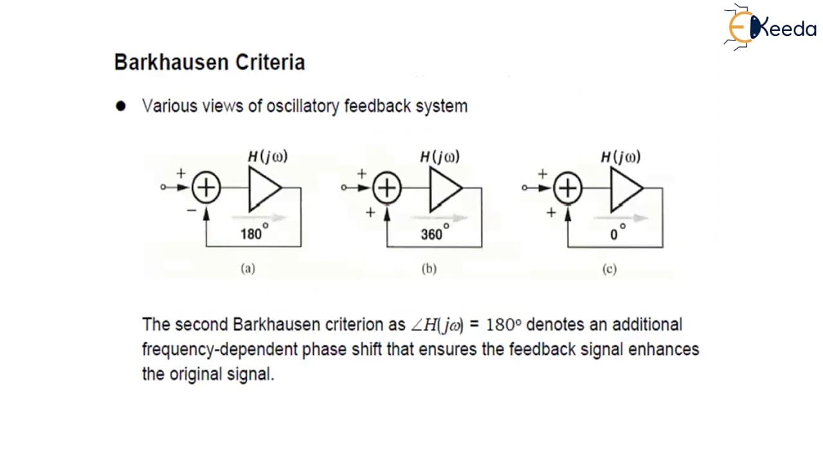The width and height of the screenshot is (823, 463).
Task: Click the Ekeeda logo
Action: click(x=770, y=27)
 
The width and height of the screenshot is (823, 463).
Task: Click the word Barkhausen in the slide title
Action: click(x=172, y=62)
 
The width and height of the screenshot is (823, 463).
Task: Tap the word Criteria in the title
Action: click(x=270, y=62)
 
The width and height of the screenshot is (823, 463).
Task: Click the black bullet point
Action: click(x=120, y=106)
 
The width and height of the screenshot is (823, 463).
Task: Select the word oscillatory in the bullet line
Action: click(x=303, y=107)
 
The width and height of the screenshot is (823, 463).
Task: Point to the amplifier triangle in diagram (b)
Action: click(x=446, y=189)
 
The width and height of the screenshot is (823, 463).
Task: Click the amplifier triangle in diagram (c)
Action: click(x=626, y=189)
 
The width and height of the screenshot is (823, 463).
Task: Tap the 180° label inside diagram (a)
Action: click(x=254, y=232)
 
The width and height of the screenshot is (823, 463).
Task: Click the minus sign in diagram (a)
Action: click(x=192, y=210)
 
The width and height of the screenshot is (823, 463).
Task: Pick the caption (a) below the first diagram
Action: click(x=248, y=269)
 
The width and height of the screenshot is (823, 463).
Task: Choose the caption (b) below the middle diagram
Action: click(x=429, y=269)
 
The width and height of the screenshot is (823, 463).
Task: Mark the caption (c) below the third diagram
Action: click(x=610, y=269)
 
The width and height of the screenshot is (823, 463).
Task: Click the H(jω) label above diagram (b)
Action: click(x=440, y=157)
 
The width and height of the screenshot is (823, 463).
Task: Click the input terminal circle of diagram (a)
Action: click(x=163, y=187)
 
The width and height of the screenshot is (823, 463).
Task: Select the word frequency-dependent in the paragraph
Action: click(x=220, y=349)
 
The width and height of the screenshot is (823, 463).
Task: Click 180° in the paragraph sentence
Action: click(x=503, y=325)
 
